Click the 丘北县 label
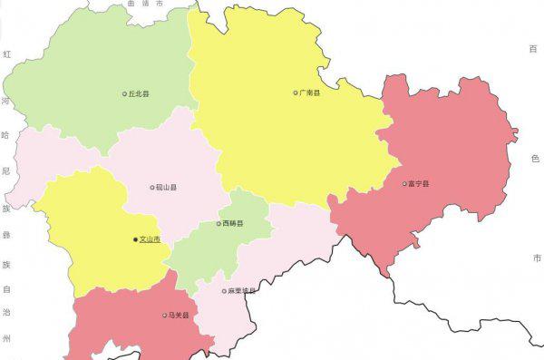point(140,93)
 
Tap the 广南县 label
point(310,92)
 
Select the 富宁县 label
point(419,184)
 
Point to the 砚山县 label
point(167,188)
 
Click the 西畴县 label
point(233,223)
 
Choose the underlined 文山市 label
point(150,239)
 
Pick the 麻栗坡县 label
point(242,291)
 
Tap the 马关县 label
point(180,316)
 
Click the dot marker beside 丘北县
point(125,93)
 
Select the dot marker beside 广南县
point(296,92)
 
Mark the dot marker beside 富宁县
point(404,184)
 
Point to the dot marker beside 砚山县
point(152,188)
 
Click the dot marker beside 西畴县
point(219,223)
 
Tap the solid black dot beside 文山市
point(135,239)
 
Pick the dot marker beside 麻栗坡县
point(224,291)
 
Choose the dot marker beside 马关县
point(165,316)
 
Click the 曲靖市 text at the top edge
point(146,4)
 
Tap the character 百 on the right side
point(534,48)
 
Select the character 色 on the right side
point(535,158)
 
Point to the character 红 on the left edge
point(6,54)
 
